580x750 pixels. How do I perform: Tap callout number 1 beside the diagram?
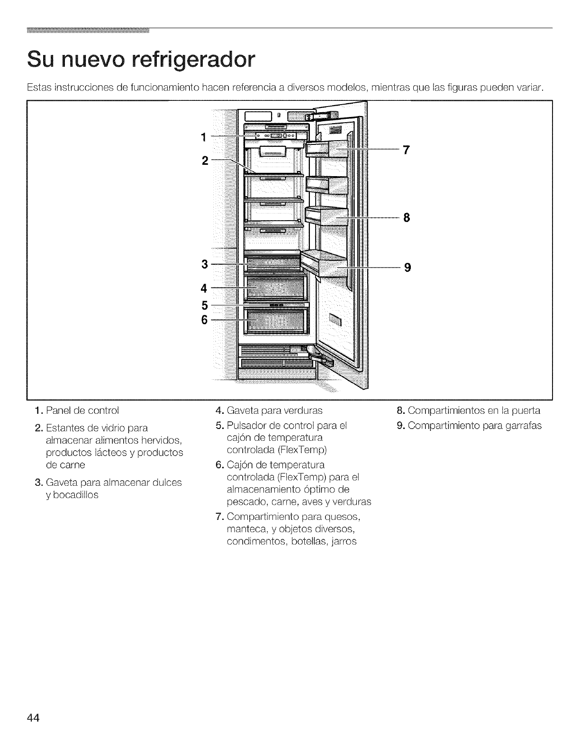point(204,138)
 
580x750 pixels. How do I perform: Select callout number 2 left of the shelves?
point(205,161)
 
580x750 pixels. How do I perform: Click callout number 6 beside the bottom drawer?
point(204,321)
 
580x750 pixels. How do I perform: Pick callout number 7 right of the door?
point(406,150)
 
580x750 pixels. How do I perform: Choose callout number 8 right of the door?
point(406,218)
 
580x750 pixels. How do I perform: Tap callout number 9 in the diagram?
point(406,268)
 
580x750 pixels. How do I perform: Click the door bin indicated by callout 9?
point(327,265)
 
